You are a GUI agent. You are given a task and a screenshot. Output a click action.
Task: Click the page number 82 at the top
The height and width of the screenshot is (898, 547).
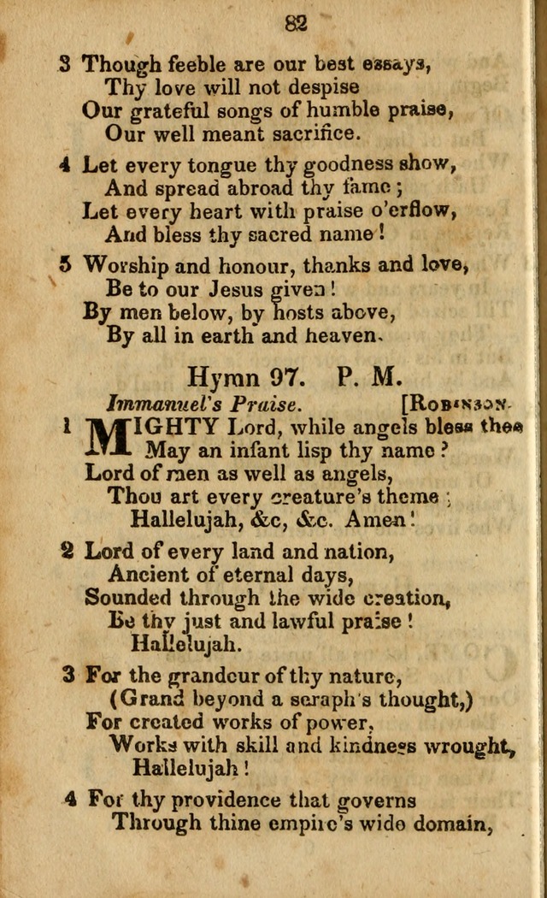coord(295,24)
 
